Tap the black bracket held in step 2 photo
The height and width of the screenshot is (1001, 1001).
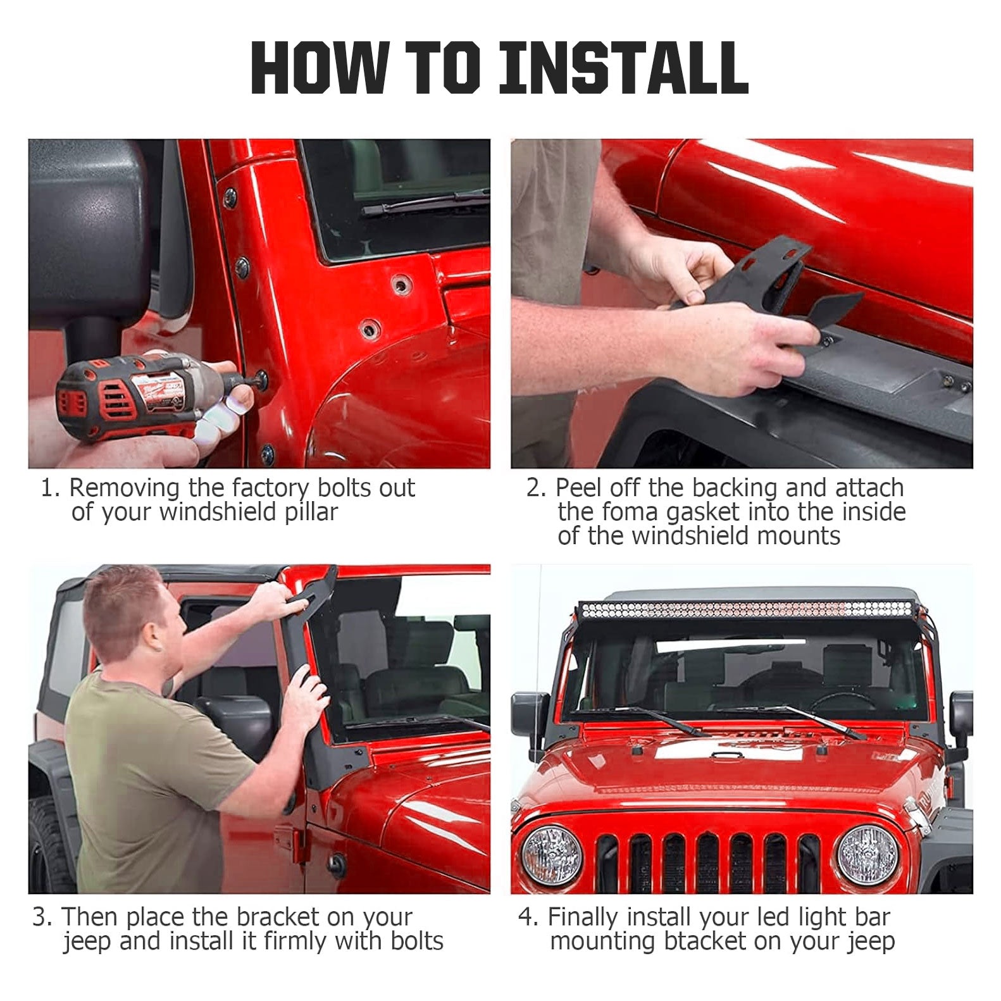[x=766, y=285]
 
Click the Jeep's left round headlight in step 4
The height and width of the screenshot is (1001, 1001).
[x=551, y=854]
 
